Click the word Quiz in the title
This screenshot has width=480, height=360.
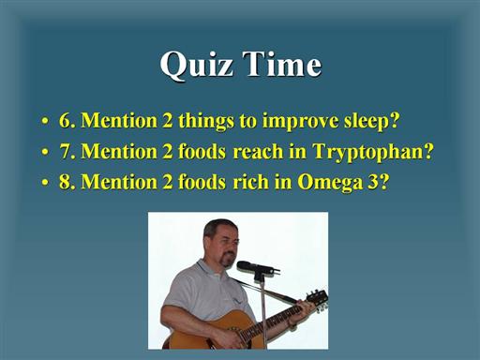coord(197,65)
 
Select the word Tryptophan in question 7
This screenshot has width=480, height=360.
coord(373,152)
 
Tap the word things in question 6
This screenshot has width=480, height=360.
coord(206,122)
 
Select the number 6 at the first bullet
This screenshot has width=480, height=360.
coord(65,120)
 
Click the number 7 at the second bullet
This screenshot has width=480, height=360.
coord(65,151)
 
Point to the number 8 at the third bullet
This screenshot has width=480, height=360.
coord(65,182)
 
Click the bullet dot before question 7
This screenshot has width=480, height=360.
coord(45,152)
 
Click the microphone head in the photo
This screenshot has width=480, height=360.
coord(247,265)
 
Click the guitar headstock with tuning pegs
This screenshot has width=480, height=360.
coord(317,299)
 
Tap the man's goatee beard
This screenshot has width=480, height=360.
coord(227,260)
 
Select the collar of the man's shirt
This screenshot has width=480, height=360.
coord(209,270)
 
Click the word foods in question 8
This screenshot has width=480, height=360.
coord(202,182)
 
